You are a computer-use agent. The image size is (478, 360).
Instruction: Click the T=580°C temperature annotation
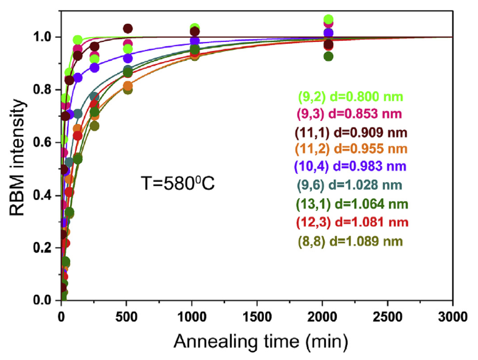pos(178,183)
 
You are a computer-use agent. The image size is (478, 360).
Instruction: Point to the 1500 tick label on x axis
pos(257,317)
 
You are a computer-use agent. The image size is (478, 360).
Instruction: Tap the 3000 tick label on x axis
pos(452,317)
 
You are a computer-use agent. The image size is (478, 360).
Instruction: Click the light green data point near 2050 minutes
pos(328,19)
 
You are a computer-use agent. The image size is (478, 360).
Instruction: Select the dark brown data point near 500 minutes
pos(128,28)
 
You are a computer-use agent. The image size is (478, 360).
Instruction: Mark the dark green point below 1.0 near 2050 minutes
pos(328,56)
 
